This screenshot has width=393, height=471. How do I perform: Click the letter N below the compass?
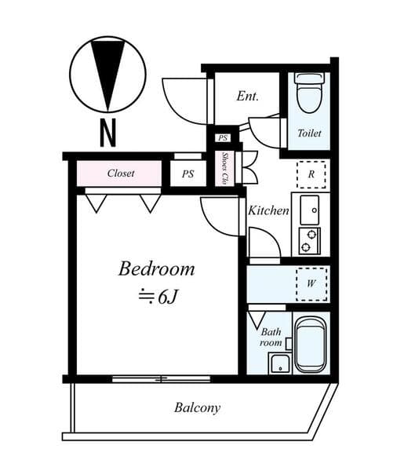(107, 133)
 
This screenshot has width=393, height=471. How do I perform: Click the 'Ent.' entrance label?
(248, 97)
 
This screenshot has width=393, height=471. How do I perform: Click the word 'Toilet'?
(309, 133)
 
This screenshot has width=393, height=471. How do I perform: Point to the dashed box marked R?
(311, 174)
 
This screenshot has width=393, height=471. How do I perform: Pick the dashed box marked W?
(311, 283)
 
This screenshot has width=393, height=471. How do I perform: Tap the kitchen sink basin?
(310, 209)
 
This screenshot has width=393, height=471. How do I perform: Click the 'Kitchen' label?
(269, 210)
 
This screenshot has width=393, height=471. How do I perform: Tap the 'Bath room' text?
(271, 338)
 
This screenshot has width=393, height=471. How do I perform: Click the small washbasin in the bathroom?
(280, 363)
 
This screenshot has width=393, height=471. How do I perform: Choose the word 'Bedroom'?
(156, 269)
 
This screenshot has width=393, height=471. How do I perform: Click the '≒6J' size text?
(156, 296)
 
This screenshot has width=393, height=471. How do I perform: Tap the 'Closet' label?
(121, 173)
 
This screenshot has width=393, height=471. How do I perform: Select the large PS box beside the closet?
(187, 173)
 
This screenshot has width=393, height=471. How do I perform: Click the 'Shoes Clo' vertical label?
(225, 169)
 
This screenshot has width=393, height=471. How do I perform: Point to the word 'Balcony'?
(197, 407)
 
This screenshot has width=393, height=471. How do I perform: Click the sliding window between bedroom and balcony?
(160, 379)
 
